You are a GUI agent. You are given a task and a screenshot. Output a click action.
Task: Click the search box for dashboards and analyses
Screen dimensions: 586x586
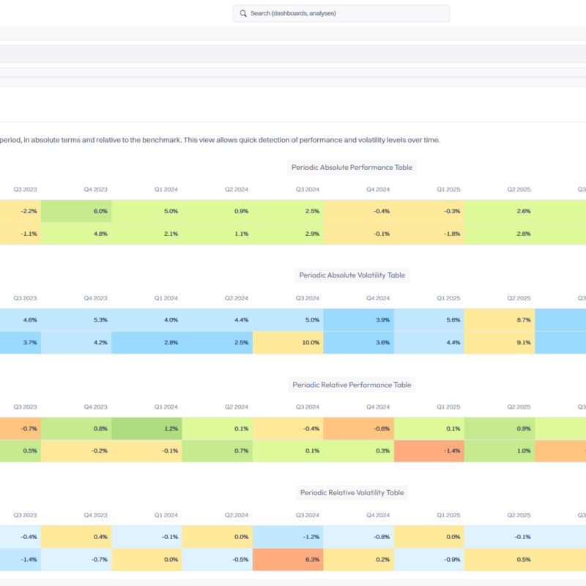tap(341, 13)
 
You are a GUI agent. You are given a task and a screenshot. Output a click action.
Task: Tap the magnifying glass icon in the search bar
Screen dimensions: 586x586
tap(243, 13)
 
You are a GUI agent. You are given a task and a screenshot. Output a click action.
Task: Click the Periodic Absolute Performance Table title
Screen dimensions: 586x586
tap(352, 168)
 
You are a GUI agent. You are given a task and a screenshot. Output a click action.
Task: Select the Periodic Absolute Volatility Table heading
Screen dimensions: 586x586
tap(352, 275)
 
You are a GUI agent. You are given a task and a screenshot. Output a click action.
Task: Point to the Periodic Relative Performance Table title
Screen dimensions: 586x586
tap(352, 385)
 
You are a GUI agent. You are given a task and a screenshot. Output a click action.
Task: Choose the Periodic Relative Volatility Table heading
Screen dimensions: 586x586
tap(352, 492)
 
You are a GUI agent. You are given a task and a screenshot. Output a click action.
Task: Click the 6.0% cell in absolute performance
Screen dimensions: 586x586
tap(76, 211)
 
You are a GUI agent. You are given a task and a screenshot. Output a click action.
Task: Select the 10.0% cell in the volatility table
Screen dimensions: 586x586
tap(288, 342)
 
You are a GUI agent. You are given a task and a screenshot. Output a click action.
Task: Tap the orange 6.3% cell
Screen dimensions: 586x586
tap(288, 560)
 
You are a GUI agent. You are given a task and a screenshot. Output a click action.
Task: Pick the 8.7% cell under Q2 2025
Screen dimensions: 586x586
tap(500, 320)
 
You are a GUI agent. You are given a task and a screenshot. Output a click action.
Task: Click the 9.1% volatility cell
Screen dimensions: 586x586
tap(500, 342)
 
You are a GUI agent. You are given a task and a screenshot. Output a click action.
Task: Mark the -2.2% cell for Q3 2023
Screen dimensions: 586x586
tap(21, 211)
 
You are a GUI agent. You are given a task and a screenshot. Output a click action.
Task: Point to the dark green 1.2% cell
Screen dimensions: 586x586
tap(147, 429)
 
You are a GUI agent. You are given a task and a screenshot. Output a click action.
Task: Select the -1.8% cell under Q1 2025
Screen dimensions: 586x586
tap(429, 234)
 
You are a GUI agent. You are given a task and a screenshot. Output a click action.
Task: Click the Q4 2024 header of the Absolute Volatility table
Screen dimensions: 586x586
tap(378, 298)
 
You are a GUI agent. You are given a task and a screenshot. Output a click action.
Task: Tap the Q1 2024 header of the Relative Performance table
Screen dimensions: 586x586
tap(166, 407)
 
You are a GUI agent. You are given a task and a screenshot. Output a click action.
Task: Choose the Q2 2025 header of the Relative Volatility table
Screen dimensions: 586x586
tap(519, 516)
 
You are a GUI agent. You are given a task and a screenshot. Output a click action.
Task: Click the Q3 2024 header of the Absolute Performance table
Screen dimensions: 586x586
tap(308, 190)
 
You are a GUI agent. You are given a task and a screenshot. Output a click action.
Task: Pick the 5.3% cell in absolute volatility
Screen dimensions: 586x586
tap(76, 320)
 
